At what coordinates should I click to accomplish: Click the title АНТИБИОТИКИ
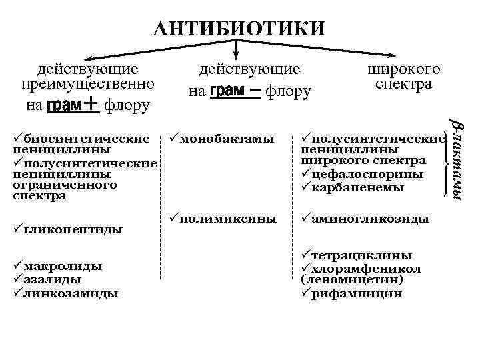pyautogui.click(x=239, y=29)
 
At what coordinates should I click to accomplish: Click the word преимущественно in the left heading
pyautogui.click(x=88, y=85)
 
